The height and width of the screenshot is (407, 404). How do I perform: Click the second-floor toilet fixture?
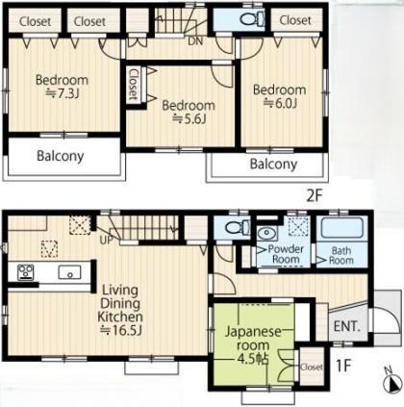click(x=252, y=19)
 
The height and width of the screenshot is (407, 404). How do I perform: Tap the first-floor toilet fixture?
click(x=238, y=227)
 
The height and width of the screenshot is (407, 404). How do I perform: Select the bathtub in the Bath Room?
click(x=342, y=228)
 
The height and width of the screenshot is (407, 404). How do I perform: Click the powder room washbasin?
click(x=267, y=233)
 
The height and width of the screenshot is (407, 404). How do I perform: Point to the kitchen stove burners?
click(x=26, y=272)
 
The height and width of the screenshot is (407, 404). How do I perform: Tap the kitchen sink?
click(x=69, y=272)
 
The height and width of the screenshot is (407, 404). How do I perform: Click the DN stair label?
click(x=195, y=41)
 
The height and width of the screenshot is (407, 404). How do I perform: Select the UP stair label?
click(x=106, y=240)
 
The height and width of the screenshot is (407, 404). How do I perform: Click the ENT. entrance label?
click(x=346, y=326)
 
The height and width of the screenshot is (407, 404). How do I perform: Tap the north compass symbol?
click(x=392, y=382)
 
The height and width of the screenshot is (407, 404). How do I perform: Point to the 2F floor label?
click(x=315, y=196)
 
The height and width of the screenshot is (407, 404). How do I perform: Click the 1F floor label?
click(x=343, y=366)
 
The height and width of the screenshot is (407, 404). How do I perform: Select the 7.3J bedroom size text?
click(x=63, y=93)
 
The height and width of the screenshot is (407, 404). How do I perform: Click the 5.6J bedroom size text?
click(x=189, y=119)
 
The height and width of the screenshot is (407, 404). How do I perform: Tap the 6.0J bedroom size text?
click(x=280, y=103)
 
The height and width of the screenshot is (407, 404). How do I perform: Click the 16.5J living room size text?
click(x=121, y=330)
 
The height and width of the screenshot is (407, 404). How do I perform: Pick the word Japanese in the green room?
click(x=253, y=332)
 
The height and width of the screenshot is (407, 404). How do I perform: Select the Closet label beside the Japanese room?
click(x=312, y=367)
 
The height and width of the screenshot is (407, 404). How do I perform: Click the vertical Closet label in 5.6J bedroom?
click(x=133, y=85)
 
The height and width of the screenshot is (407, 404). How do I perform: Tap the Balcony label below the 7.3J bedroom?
click(x=61, y=156)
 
